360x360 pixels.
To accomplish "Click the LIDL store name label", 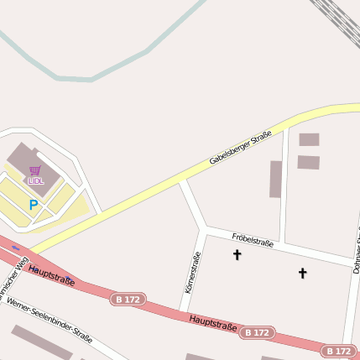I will click(x=35, y=180).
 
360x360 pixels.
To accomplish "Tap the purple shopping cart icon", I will click(x=35, y=170).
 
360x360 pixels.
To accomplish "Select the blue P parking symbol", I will click(x=34, y=204).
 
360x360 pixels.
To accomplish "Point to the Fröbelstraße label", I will click(x=253, y=241).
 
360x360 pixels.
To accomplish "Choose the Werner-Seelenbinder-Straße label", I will click(x=50, y=322).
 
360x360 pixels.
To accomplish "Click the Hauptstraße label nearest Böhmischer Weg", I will click(x=51, y=275).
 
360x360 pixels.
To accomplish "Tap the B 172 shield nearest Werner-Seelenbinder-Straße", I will click(x=129, y=300).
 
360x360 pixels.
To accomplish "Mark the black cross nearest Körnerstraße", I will click(x=237, y=254).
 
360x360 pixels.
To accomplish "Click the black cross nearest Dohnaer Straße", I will click(x=303, y=273).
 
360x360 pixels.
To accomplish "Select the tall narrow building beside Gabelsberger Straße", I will click(x=275, y=179).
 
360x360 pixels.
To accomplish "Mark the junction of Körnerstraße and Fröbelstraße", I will click(x=203, y=229).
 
